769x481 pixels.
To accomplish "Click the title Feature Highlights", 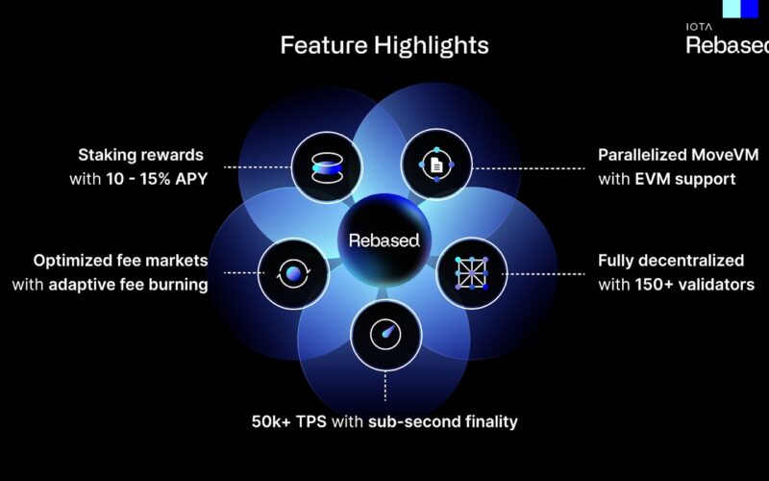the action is [x=384, y=45].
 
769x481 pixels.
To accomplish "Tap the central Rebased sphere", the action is [x=384, y=240].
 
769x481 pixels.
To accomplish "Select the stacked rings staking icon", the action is [x=327, y=167].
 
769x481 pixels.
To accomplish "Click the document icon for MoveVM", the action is [x=436, y=165].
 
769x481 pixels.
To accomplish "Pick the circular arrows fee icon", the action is [x=293, y=273].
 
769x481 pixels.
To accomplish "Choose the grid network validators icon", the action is [x=471, y=273].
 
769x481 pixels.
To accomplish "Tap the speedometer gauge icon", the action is [x=385, y=335].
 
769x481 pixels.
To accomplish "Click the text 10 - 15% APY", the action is [x=157, y=179].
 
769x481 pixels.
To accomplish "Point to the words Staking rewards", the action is [x=140, y=155].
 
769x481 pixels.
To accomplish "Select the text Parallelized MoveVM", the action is [x=679, y=155].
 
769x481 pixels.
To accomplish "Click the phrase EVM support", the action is [x=685, y=179].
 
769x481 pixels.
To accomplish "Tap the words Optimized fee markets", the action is [x=121, y=261].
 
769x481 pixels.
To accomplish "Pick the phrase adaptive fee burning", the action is [x=128, y=285].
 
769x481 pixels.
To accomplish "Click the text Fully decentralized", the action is [x=671, y=261].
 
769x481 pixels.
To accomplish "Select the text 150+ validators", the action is [x=695, y=285].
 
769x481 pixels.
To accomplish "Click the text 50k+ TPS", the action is [x=289, y=421].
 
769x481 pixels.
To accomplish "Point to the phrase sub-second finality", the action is [x=443, y=422].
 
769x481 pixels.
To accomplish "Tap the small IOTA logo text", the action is [x=699, y=27].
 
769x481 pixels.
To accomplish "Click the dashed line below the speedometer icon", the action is [x=385, y=387].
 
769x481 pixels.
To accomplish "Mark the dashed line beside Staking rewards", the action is [x=258, y=167].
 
